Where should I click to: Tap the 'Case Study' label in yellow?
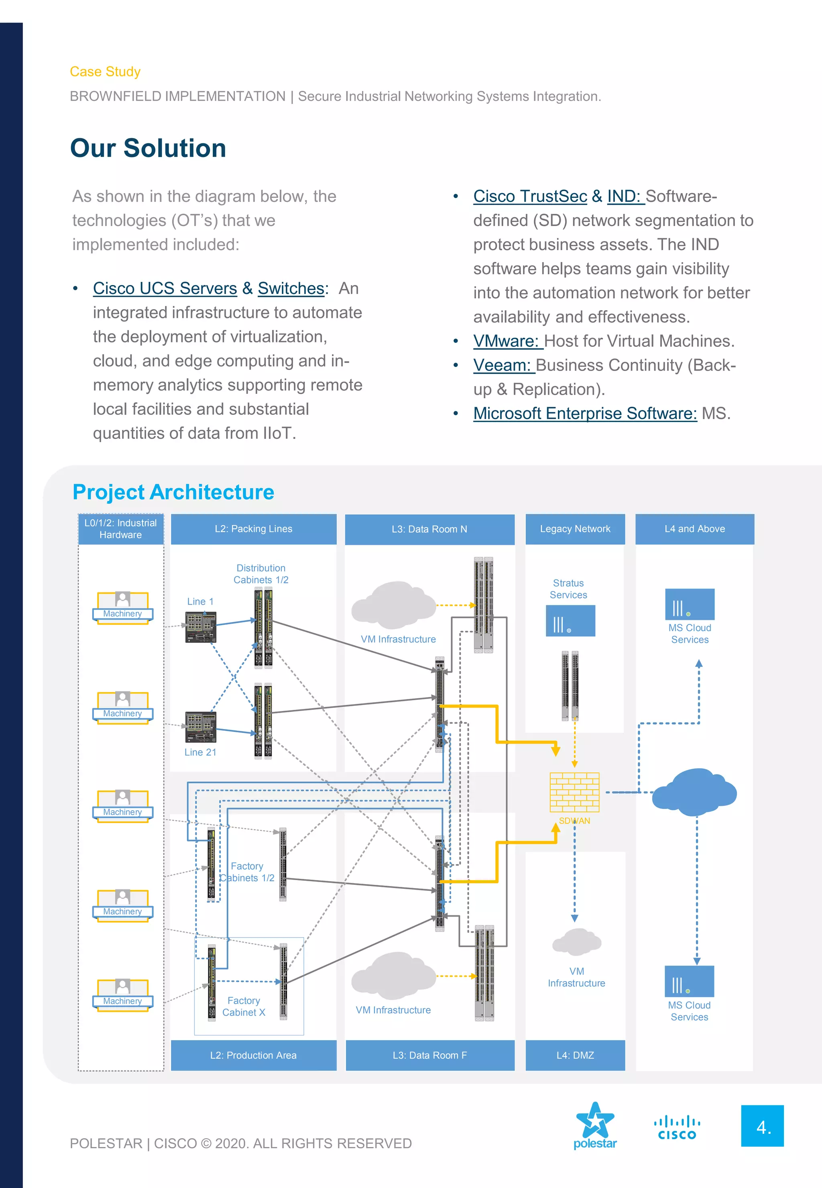coord(105,71)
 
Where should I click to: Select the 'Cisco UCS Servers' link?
coord(165,289)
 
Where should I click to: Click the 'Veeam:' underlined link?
coord(502,365)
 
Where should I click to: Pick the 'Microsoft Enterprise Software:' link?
coord(584,414)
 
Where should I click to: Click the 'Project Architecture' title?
coord(173,492)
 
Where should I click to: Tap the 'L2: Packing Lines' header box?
coord(253,529)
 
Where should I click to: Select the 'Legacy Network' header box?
coord(575,529)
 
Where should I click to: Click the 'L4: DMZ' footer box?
coord(575,1055)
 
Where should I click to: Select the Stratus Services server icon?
coord(570,621)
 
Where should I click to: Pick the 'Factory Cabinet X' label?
coord(244,1007)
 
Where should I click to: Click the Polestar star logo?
coord(595,1121)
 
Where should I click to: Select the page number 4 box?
coord(762,1126)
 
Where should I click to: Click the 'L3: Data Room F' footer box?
coord(429,1055)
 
